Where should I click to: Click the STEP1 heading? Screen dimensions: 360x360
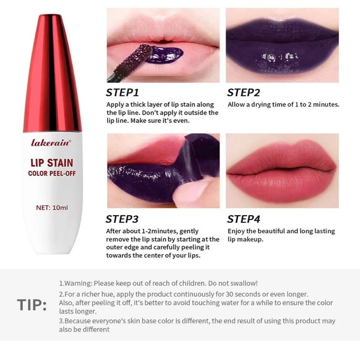(x=122, y=93)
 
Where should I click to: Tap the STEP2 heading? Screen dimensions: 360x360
(x=243, y=93)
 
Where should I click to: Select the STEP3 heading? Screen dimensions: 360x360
(x=122, y=219)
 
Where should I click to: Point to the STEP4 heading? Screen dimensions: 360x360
(x=243, y=219)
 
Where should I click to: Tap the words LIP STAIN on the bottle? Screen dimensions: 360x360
(x=52, y=163)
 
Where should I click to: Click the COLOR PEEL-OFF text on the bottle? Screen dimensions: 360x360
(x=52, y=174)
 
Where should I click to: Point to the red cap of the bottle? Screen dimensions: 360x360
(x=52, y=72)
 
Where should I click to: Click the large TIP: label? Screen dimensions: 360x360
(x=32, y=305)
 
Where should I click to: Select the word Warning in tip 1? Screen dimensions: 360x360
(x=78, y=283)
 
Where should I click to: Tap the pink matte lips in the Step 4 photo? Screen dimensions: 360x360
(x=282, y=169)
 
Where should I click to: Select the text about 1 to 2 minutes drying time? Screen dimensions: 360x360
(x=283, y=105)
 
